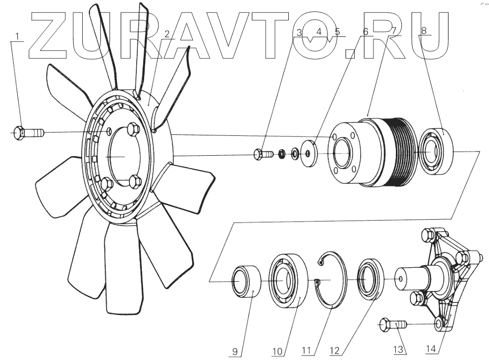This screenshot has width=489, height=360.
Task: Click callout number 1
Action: pyautogui.click(x=18, y=37)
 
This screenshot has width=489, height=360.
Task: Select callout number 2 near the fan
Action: pyautogui.click(x=167, y=34)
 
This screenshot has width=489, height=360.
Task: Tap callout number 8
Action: pyautogui.click(x=424, y=31)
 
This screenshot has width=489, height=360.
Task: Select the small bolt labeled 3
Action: pyautogui.click(x=262, y=154)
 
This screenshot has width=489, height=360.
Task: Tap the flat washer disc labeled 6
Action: pyautogui.click(x=308, y=154)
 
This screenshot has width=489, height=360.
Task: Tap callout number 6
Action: pyautogui.click(x=366, y=32)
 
